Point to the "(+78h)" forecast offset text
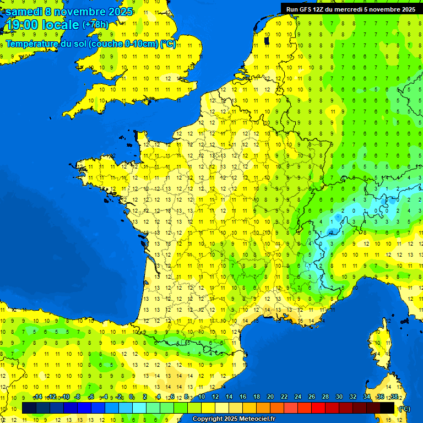click(95, 25)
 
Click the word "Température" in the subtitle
click(33, 44)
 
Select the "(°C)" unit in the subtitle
click(168, 44)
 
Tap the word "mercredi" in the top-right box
click(351, 9)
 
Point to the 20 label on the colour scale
click(270, 397)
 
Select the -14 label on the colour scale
click(38, 397)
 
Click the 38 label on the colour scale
click(394, 397)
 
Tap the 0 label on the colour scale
click(131, 397)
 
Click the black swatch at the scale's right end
click(387, 408)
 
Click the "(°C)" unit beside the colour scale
click(404, 408)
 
